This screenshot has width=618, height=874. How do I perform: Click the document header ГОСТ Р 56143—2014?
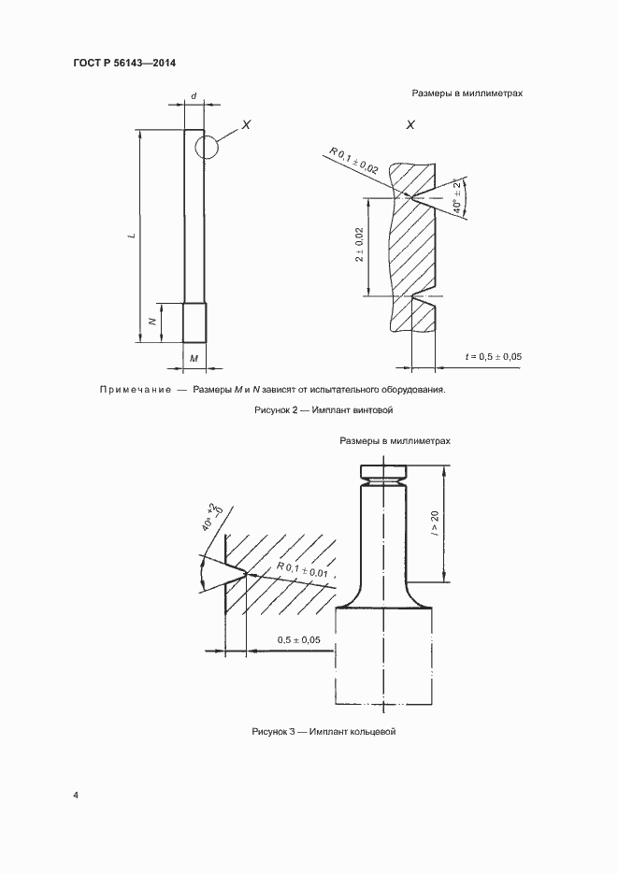[124, 63]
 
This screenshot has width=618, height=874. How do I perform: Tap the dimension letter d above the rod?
[194, 96]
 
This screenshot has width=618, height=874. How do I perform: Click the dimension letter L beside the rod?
[131, 236]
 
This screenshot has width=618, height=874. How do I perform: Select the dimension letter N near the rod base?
[151, 322]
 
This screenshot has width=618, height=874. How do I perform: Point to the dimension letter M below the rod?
[194, 358]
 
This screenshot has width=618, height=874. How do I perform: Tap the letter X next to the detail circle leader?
[246, 125]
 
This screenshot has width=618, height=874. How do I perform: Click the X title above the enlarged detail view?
[410, 125]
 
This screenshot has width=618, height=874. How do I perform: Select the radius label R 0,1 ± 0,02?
[353, 162]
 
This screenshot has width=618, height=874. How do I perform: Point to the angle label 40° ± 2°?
[456, 196]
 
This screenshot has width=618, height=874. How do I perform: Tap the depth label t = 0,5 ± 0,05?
[494, 356]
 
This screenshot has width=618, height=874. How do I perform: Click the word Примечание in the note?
[136, 390]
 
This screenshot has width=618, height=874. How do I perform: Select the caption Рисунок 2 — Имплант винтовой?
[323, 410]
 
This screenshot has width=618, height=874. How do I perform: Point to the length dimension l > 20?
[435, 523]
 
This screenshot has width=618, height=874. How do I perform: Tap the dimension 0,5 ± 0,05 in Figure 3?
[299, 640]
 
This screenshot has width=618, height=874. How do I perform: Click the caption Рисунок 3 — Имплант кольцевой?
[323, 732]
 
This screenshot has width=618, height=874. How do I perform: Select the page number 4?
[75, 795]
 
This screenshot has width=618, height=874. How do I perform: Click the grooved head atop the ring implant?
[384, 473]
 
